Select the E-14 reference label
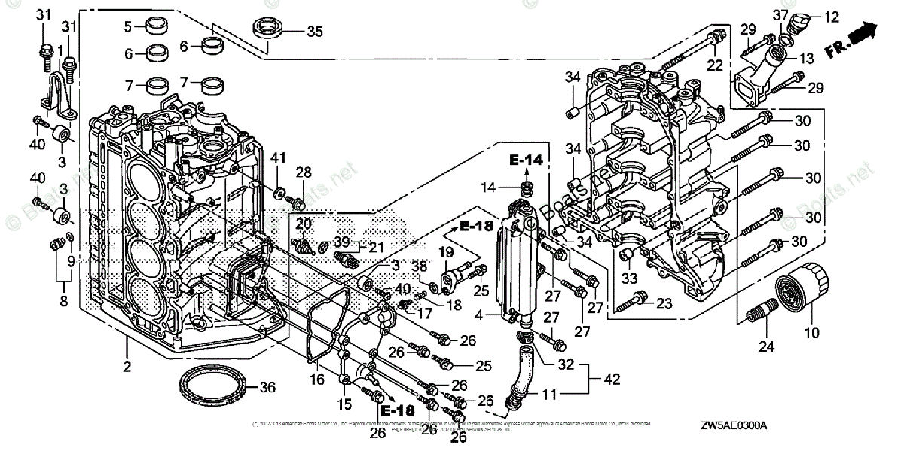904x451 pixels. pyautogui.click(x=525, y=160)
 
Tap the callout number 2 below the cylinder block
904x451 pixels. pyautogui.click(x=127, y=367)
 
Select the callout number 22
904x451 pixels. pyautogui.click(x=714, y=64)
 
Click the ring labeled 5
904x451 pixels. pyautogui.click(x=157, y=27)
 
